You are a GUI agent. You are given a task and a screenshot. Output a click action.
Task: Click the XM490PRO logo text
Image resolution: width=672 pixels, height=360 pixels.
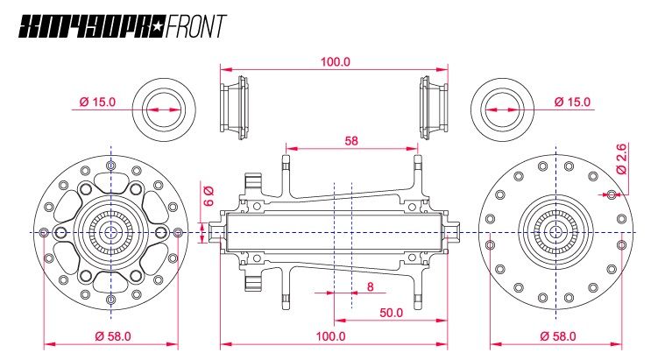[x=84, y=26]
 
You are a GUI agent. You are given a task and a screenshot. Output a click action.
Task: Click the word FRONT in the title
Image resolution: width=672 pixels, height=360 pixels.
[x=194, y=26]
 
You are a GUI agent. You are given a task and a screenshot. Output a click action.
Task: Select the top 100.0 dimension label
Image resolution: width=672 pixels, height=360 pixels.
[x=335, y=62]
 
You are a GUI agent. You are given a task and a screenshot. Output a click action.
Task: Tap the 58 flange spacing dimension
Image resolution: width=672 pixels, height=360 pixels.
[x=351, y=140]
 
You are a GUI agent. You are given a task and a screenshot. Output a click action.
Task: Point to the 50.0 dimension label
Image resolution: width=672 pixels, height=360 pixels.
[x=391, y=312]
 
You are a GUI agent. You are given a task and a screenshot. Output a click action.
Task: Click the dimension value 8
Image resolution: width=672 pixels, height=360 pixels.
[x=371, y=286]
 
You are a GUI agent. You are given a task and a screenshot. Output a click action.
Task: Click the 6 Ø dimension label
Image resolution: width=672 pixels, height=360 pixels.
[x=209, y=195]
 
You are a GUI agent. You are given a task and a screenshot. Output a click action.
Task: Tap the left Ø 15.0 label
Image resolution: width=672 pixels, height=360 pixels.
[x=97, y=102]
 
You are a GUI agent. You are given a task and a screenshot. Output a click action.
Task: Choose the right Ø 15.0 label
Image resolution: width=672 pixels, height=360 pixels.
[x=572, y=102]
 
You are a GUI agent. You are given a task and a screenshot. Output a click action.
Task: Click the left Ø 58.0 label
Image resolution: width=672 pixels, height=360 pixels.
[x=110, y=336]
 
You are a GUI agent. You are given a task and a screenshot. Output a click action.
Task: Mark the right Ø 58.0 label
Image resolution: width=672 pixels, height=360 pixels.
[x=556, y=336]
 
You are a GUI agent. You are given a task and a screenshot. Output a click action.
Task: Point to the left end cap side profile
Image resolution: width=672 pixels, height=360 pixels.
[x=232, y=108]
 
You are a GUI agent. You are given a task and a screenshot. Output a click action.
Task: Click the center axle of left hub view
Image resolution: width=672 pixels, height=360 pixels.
[x=110, y=231]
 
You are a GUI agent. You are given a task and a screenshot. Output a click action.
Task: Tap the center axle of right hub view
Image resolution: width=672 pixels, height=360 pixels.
[x=555, y=231]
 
